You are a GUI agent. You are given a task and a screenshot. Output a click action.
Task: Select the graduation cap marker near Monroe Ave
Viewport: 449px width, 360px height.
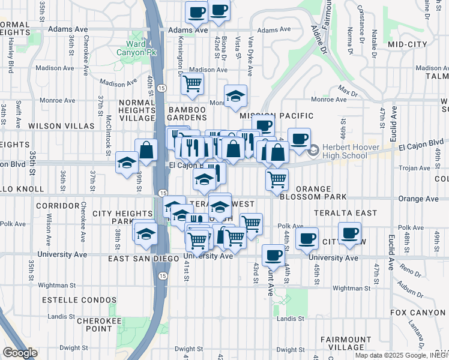pos(236,95)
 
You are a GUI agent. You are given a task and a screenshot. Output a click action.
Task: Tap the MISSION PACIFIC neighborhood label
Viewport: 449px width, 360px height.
pos(277,115)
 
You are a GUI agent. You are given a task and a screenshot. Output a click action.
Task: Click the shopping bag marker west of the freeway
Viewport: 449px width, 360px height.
pos(146,151)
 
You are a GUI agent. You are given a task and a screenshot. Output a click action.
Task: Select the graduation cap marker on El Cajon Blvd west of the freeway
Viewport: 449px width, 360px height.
pos(127,163)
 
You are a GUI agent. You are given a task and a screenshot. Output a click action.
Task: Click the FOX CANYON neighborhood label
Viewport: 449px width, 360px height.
pos(419,313)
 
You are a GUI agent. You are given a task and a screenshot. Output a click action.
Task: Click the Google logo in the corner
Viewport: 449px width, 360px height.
pos(19,353)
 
